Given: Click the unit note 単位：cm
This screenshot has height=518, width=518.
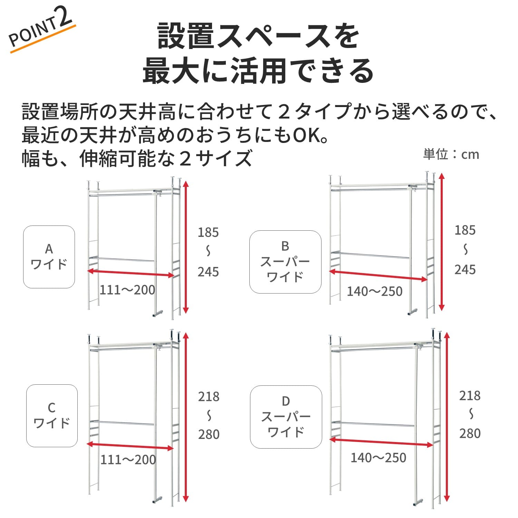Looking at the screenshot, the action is [x=451, y=154].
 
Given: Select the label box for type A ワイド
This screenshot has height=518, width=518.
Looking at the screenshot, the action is [x=49, y=257].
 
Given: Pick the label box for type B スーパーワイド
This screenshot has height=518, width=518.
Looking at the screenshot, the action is [x=285, y=262].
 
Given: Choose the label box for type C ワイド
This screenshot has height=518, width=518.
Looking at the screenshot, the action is [x=52, y=416].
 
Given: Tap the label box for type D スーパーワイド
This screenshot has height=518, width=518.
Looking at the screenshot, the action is [x=286, y=417].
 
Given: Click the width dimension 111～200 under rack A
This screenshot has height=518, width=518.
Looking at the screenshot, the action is [x=127, y=290].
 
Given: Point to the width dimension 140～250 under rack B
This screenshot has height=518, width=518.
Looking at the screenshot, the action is [x=375, y=291].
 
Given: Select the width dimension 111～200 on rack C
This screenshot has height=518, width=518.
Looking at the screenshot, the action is [x=128, y=460].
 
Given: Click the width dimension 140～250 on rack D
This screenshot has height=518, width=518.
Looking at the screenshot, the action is [x=378, y=458].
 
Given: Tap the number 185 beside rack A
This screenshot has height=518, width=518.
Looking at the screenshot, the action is [x=208, y=232].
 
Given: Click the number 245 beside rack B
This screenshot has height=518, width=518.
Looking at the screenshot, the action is [x=465, y=270].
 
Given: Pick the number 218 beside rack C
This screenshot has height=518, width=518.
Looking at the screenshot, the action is [x=209, y=397].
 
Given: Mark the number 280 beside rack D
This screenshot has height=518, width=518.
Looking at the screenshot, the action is [x=470, y=433].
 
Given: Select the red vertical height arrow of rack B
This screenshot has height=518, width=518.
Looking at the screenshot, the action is [x=441, y=242].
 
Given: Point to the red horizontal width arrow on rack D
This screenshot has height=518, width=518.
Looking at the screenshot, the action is [x=381, y=442].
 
